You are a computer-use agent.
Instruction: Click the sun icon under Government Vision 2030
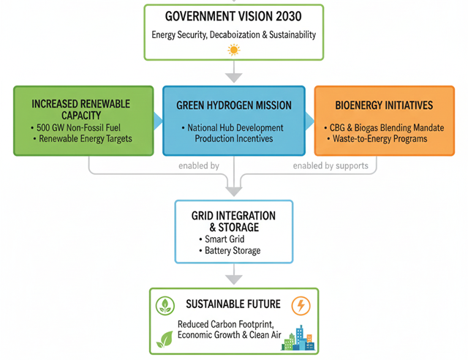(x=233, y=50)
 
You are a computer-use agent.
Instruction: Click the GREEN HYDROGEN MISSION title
(x=234, y=105)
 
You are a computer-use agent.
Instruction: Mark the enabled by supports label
(x=331, y=166)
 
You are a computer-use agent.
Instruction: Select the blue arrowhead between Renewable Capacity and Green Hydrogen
(x=158, y=120)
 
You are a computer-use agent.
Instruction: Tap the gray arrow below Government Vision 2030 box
(x=233, y=72)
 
